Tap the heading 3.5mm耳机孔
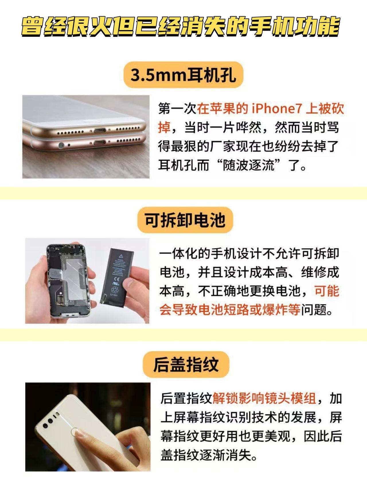click(183, 75)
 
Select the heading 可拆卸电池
click(185, 220)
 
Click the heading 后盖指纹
click(186, 365)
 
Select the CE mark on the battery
click(117, 278)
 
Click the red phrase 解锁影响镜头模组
click(264, 399)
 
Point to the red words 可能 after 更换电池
click(327, 292)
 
